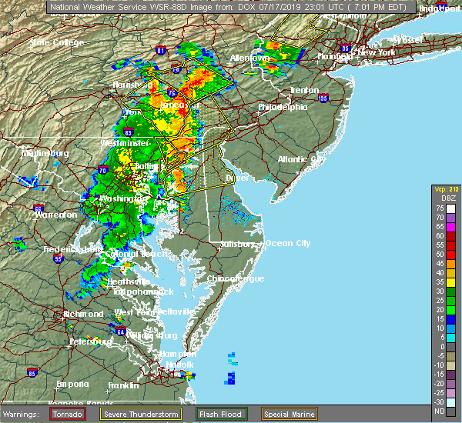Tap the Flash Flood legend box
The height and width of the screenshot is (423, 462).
point(222,414)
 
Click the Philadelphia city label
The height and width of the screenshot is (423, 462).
point(283,107)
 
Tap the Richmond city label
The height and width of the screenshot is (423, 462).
point(82,314)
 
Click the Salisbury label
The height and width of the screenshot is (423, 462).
point(236,244)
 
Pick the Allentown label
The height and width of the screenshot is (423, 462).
point(250,58)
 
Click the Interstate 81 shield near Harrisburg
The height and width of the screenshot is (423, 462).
point(160,51)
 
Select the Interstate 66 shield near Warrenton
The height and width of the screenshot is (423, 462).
point(39,208)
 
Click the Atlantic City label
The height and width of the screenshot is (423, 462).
point(302,159)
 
